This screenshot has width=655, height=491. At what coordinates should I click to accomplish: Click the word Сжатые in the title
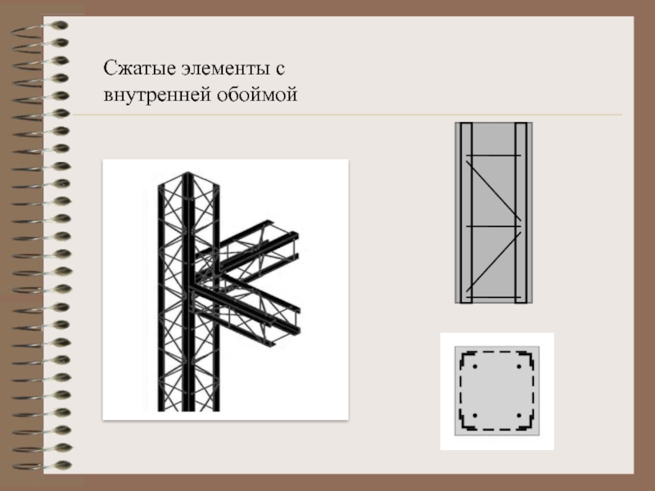(x=139, y=68)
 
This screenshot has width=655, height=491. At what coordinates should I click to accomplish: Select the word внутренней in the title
(x=157, y=94)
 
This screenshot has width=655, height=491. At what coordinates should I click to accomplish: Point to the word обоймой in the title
(x=257, y=94)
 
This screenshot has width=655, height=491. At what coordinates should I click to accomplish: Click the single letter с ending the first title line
(x=280, y=70)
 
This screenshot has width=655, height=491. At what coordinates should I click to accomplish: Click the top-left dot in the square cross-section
(x=475, y=367)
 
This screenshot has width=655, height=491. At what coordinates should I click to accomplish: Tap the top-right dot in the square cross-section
(x=519, y=367)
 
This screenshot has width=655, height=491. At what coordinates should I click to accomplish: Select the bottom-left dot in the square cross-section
(x=475, y=416)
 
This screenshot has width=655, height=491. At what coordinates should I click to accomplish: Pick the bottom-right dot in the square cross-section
(x=519, y=416)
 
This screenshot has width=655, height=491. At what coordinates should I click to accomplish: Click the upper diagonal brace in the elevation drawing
(x=494, y=191)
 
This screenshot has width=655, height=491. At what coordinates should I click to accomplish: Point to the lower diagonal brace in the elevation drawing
(x=494, y=261)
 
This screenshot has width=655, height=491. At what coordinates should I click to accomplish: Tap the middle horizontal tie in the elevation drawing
(x=494, y=227)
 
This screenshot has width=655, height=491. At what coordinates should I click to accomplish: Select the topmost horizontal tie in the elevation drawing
(x=494, y=155)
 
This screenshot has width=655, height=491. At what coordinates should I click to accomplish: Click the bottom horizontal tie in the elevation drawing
(x=494, y=297)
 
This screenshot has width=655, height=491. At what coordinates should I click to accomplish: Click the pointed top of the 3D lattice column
(x=187, y=173)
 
